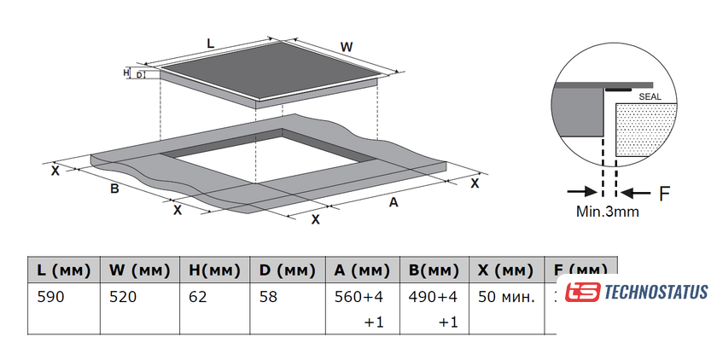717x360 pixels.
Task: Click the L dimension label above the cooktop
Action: (211, 40)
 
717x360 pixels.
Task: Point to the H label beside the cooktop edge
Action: (126, 73)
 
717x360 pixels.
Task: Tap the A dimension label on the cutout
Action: (393, 202)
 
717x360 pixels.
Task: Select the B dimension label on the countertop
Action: (114, 189)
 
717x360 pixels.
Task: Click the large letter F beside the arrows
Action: (664, 192)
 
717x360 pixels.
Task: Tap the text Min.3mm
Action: (606, 212)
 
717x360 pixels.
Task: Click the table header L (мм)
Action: (64, 270)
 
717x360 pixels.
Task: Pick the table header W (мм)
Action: (139, 270)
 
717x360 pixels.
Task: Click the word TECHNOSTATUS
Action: (656, 292)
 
